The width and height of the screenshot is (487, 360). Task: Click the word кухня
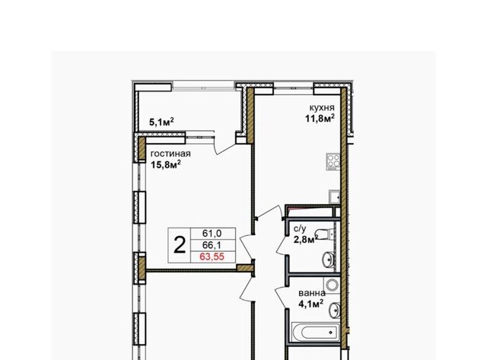pos(322,108)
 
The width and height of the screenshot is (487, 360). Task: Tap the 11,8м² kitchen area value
pos(320,118)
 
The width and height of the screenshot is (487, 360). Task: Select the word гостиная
pos(170,154)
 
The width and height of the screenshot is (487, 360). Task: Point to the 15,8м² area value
pos(166,164)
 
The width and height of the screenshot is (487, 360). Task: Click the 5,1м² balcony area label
pos(161,122)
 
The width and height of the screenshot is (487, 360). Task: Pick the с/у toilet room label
pos(300,229)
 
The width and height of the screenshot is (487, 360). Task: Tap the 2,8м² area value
pos(306,240)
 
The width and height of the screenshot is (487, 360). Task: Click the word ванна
pos(312,293)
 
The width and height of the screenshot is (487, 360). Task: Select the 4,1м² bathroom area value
pos(310,304)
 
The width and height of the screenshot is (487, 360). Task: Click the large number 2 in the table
pos(180,245)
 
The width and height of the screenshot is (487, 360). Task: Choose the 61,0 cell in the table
pos(212,233)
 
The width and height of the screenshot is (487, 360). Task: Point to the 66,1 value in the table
pos(212,245)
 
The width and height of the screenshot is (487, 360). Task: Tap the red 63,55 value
pos(212,257)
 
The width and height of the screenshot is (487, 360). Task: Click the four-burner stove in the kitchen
pos(333,161)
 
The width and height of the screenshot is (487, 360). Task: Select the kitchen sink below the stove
pos(335,196)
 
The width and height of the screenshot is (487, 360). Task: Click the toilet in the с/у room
pos(325,234)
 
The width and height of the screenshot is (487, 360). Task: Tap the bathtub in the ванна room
pos(316,333)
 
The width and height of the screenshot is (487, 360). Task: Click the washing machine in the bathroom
pos(332,285)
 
